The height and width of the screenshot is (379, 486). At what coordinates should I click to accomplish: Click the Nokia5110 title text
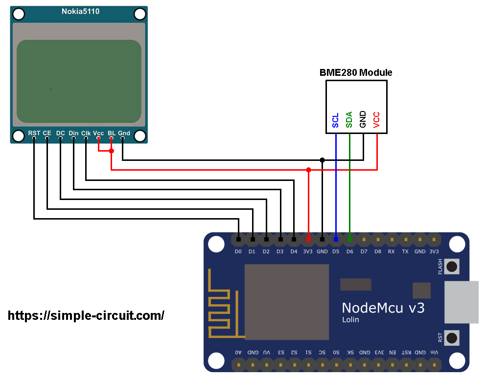80,11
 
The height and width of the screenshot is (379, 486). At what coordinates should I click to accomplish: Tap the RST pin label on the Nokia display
34,133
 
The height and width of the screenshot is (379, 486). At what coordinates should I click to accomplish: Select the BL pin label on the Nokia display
112,133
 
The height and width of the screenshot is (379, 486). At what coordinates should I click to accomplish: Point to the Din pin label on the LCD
73,133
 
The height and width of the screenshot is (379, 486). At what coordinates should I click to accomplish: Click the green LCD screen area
79,81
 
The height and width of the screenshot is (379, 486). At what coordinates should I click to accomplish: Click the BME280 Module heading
356,73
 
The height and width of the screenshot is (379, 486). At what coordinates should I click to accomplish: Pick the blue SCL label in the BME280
336,120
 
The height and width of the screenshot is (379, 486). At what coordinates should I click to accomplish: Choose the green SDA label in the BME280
349,119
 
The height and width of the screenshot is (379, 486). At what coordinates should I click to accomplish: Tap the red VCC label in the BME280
377,119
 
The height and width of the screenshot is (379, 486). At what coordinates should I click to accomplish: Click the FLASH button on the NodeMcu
452,267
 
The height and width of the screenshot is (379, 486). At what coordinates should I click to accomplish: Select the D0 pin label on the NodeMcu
238,252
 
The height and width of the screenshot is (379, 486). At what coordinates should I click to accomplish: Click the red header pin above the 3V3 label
308,240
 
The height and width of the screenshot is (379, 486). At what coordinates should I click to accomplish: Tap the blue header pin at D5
336,240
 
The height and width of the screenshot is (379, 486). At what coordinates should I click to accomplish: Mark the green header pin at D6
349,240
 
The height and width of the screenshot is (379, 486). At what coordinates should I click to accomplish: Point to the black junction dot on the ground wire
322,160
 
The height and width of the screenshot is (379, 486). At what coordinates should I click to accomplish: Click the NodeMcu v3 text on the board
383,308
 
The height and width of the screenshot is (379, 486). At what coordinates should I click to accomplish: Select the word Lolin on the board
350,320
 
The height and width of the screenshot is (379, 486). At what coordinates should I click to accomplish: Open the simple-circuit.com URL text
86,315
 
